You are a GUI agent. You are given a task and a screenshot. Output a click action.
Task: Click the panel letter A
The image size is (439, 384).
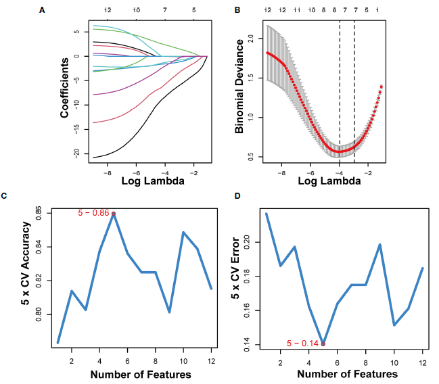(x=41, y=10)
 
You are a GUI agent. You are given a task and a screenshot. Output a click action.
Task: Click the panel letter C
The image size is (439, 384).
(x=5, y=196)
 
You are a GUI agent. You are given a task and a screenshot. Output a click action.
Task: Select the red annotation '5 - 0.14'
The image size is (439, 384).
(x=302, y=343)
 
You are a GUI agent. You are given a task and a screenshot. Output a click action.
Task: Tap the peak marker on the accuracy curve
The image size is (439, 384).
(x=114, y=214)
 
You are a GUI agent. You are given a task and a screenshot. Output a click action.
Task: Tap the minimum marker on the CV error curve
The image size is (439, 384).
(x=323, y=343)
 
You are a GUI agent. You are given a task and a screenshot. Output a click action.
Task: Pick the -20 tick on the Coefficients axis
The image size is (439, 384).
(x=78, y=154)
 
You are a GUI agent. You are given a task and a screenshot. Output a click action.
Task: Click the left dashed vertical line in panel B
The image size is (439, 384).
(x=340, y=88)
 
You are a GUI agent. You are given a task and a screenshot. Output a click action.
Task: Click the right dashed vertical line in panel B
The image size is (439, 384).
(x=354, y=88)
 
